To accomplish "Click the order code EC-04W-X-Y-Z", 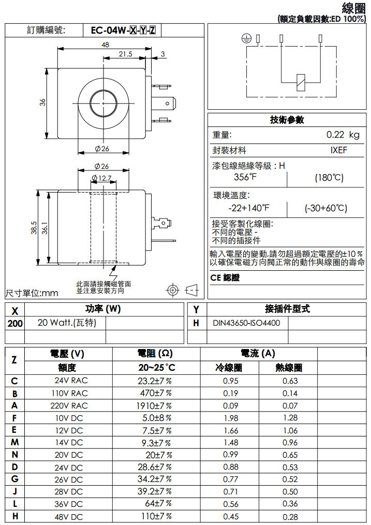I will click(123, 30).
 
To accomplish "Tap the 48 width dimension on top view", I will click(105, 45).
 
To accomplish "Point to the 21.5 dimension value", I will click(125, 54).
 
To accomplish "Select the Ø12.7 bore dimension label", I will click(101, 178).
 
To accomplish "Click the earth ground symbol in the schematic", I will click(247, 38).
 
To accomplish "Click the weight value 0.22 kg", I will click(343, 135).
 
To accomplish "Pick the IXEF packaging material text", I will click(339, 151).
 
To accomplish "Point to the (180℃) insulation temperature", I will click(329, 178).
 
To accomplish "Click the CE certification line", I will click(225, 278).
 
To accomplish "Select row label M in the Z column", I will click(14, 442).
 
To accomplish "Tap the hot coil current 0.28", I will click(290, 517).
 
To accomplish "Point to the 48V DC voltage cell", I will click(69, 517).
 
